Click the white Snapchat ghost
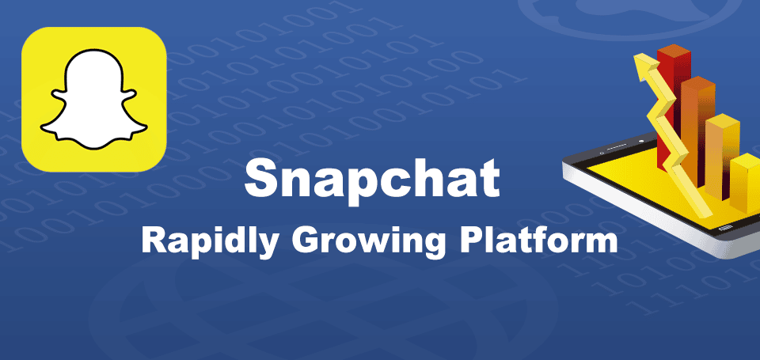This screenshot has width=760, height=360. (x=93, y=99)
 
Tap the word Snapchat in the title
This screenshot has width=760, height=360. (x=372, y=180)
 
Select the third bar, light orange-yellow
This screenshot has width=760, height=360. (x=721, y=154)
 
